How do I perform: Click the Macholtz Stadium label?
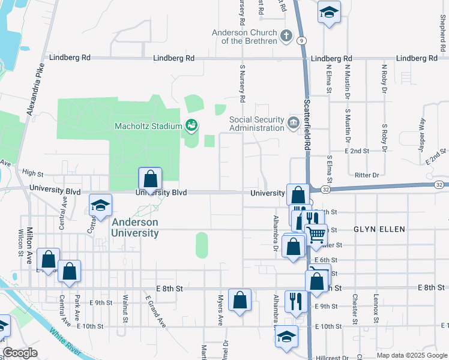click(148, 126)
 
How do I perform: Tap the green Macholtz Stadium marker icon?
click(191, 125)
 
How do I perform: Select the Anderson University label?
click(135, 227)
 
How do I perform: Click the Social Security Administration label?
click(256, 123)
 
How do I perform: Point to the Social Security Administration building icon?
click(294, 124)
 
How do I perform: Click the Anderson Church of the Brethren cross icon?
click(286, 36)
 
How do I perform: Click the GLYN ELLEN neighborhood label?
click(379, 229)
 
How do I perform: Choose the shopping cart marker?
click(316, 233)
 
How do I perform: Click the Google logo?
click(20, 353)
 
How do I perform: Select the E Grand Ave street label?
click(154, 311)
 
